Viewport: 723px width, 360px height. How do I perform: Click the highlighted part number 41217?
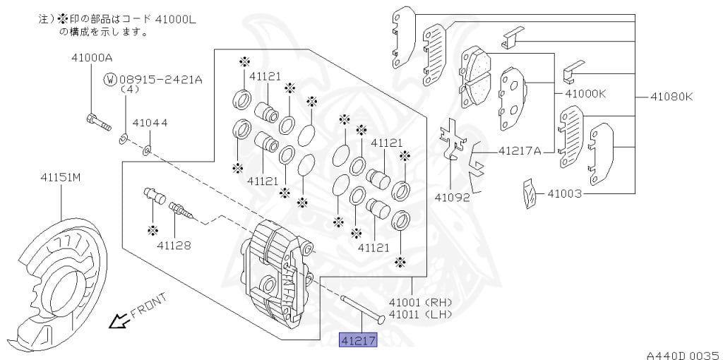pyautogui.click(x=359, y=341)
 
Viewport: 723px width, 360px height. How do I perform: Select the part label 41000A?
pyautogui.click(x=91, y=57)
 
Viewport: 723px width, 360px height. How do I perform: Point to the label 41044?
pyautogui.click(x=150, y=123)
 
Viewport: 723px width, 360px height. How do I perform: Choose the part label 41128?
pyautogui.click(x=174, y=245)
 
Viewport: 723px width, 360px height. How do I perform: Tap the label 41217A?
pyautogui.click(x=520, y=150)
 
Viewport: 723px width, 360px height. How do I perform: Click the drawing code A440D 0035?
pyautogui.click(x=682, y=351)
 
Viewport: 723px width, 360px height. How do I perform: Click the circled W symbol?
pyautogui.click(x=109, y=80)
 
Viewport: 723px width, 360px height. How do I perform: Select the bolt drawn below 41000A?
pyautogui.click(x=97, y=122)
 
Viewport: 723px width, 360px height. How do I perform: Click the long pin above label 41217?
pyautogui.click(x=362, y=308)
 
